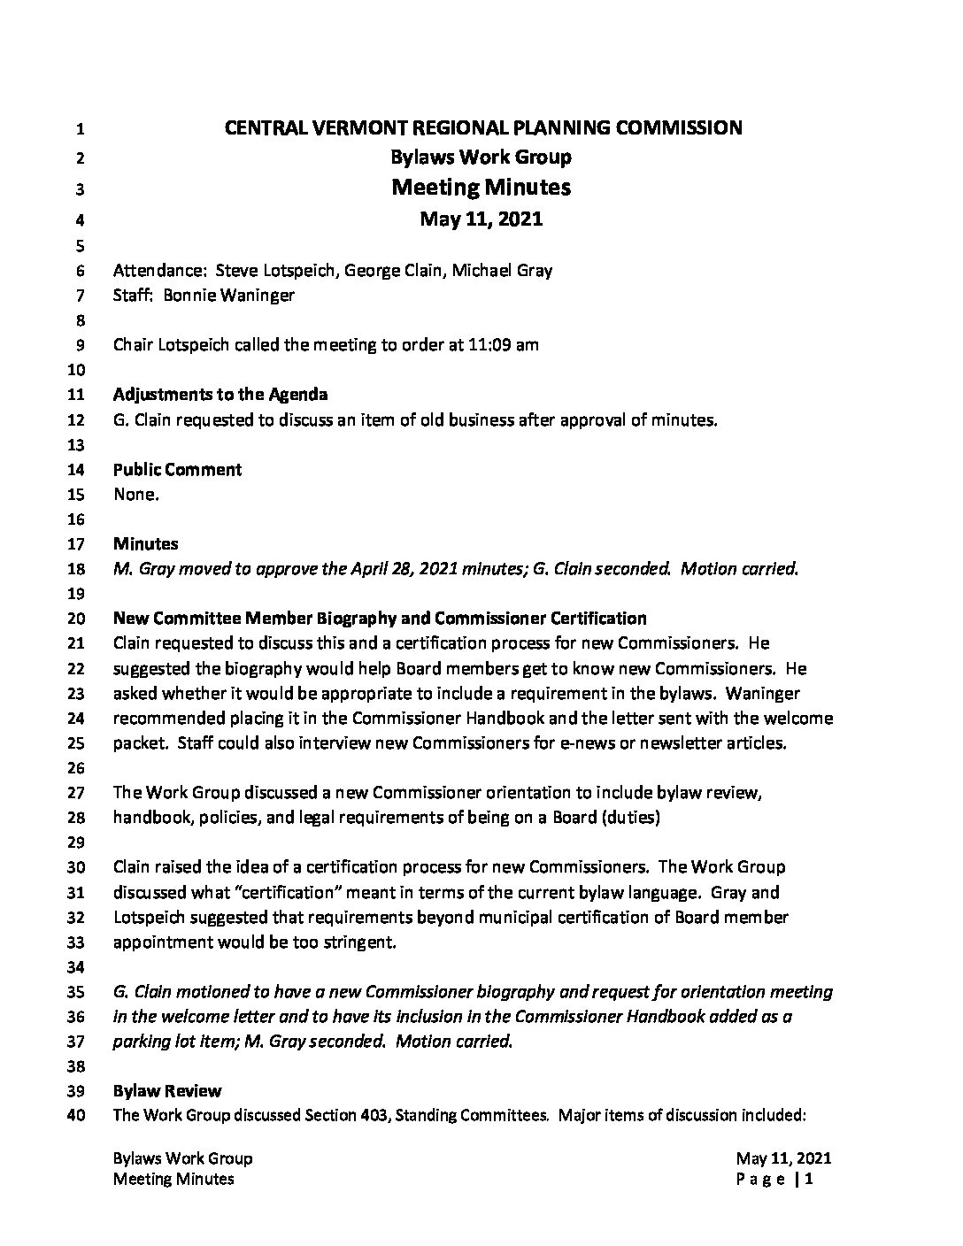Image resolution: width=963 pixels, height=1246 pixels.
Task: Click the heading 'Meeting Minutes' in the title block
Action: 481,188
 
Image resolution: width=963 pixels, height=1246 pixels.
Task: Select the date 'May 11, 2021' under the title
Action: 481,219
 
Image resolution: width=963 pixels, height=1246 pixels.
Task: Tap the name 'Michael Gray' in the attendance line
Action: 502,271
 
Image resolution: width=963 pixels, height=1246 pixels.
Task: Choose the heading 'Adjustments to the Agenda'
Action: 220,395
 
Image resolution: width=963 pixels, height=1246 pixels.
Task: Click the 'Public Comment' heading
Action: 177,469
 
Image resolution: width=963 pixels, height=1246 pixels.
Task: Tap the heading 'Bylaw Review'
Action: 167,1091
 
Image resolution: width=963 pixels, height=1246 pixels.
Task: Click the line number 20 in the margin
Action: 76,619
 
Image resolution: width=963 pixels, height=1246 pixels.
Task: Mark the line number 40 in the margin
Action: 76,1116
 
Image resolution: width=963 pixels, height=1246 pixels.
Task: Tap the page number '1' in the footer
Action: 808,1179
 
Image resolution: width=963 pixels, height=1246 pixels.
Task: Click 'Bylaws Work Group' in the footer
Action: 183,1159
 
